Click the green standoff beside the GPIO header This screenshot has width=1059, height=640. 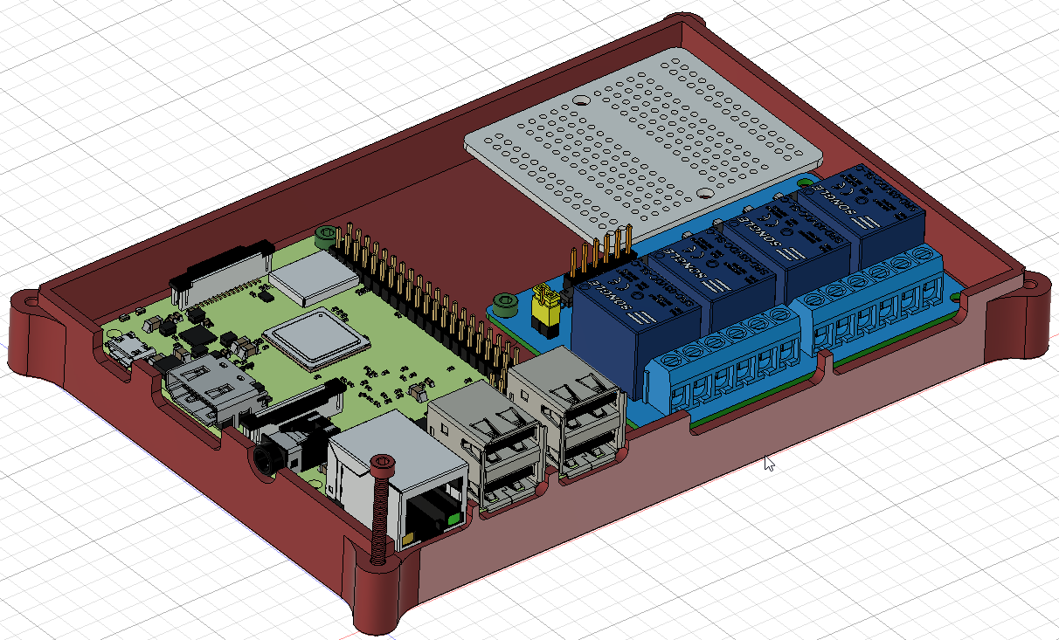(x=326, y=234)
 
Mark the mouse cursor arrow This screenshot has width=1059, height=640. (x=768, y=463)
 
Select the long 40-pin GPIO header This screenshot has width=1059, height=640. (x=428, y=297)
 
